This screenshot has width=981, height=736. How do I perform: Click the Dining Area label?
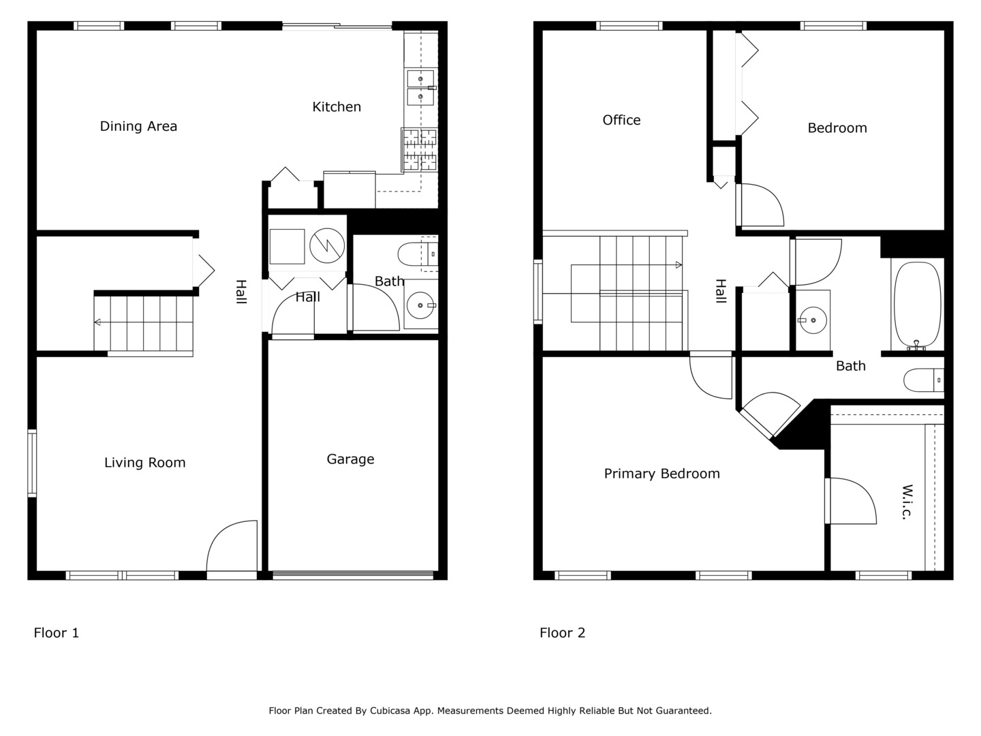(x=138, y=127)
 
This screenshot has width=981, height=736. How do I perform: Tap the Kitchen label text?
(x=337, y=107)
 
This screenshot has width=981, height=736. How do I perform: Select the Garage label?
(x=350, y=459)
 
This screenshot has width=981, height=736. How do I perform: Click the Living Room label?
(x=145, y=463)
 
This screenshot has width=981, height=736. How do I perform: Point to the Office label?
(x=621, y=120)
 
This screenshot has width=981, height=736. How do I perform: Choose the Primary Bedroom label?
(x=662, y=474)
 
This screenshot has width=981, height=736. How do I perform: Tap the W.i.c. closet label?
(x=907, y=502)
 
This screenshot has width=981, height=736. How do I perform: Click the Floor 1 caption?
(x=57, y=633)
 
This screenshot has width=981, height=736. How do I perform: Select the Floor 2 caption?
(x=562, y=633)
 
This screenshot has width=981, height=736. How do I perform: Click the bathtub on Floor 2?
(x=918, y=305)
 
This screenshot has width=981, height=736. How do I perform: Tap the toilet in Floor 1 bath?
(x=418, y=254)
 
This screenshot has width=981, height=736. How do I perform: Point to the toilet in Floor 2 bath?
(x=923, y=380)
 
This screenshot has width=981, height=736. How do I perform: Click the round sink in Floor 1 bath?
(x=420, y=305)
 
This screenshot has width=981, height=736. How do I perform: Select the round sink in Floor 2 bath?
(x=813, y=320)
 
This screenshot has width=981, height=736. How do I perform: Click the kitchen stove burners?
(x=419, y=150)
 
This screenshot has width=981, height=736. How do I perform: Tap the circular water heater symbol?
(x=327, y=246)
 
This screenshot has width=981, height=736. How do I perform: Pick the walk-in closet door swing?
(x=850, y=501)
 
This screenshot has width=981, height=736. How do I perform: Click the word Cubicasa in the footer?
(x=390, y=711)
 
